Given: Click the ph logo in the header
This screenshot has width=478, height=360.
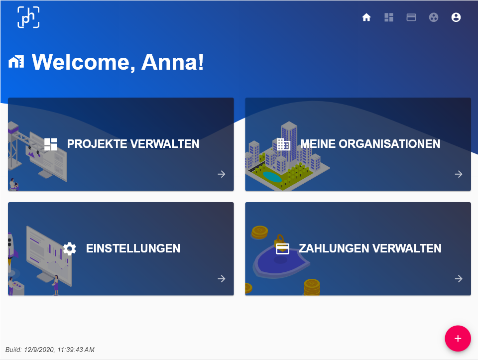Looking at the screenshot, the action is pos(28,17).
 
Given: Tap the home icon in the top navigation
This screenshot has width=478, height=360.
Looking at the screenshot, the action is pos(366,17).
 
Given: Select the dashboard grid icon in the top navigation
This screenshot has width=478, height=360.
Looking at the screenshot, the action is pos(389,17).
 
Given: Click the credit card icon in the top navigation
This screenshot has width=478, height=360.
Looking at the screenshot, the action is pos(411,17).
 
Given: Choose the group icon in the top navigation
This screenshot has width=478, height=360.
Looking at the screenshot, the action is pos(434,17).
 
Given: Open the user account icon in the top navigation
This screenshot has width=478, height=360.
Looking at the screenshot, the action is pos(456,17).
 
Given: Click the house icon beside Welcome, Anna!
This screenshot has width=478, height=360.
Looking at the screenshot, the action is pos(16,62).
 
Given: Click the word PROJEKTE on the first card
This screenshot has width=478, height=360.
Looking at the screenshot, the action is pos(97,144).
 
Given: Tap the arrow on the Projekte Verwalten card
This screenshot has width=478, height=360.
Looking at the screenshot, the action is pos(222,174).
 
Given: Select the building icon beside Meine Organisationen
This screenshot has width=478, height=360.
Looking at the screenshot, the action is pos(283,144).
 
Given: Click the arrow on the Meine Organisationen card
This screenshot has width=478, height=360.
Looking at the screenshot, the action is pos(459,174).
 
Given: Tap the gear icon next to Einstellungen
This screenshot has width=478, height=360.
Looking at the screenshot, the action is pos(70,249).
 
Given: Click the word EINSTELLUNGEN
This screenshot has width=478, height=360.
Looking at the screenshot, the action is pos(133,248).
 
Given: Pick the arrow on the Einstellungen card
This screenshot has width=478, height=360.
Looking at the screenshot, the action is pos(222,279).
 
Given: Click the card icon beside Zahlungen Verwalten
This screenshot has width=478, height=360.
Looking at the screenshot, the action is pos(283,249).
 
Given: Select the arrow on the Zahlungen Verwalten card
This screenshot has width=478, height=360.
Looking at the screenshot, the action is pos(459,279).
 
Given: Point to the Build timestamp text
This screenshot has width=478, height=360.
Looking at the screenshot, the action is pos(50,350).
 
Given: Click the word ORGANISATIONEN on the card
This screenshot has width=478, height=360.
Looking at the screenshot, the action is pos(389,144).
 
